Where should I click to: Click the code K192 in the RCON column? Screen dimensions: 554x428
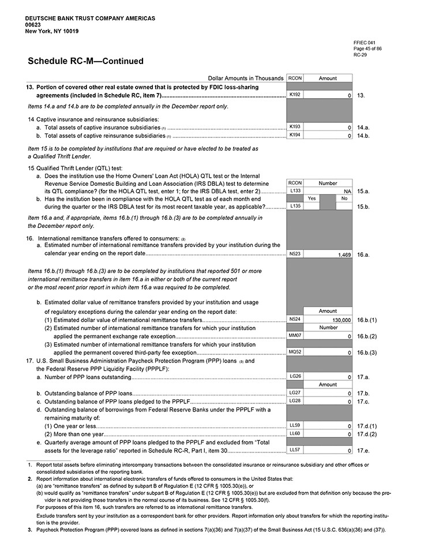click(x=295, y=95)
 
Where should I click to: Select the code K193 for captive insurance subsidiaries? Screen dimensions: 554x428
click(x=295, y=127)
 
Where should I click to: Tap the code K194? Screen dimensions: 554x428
click(x=295, y=136)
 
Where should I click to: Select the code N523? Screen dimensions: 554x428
click(x=295, y=254)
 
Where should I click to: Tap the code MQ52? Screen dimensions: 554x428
click(x=295, y=352)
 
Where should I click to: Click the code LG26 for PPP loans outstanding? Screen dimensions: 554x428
click(x=295, y=376)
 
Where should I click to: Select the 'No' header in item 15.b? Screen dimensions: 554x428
click(x=344, y=198)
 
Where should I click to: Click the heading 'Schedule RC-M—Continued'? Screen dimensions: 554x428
click(x=85, y=61)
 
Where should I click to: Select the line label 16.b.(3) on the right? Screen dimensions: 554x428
click(x=367, y=352)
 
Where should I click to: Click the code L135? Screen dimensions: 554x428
click(x=295, y=206)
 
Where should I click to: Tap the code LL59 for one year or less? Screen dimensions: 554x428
click(x=295, y=425)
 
